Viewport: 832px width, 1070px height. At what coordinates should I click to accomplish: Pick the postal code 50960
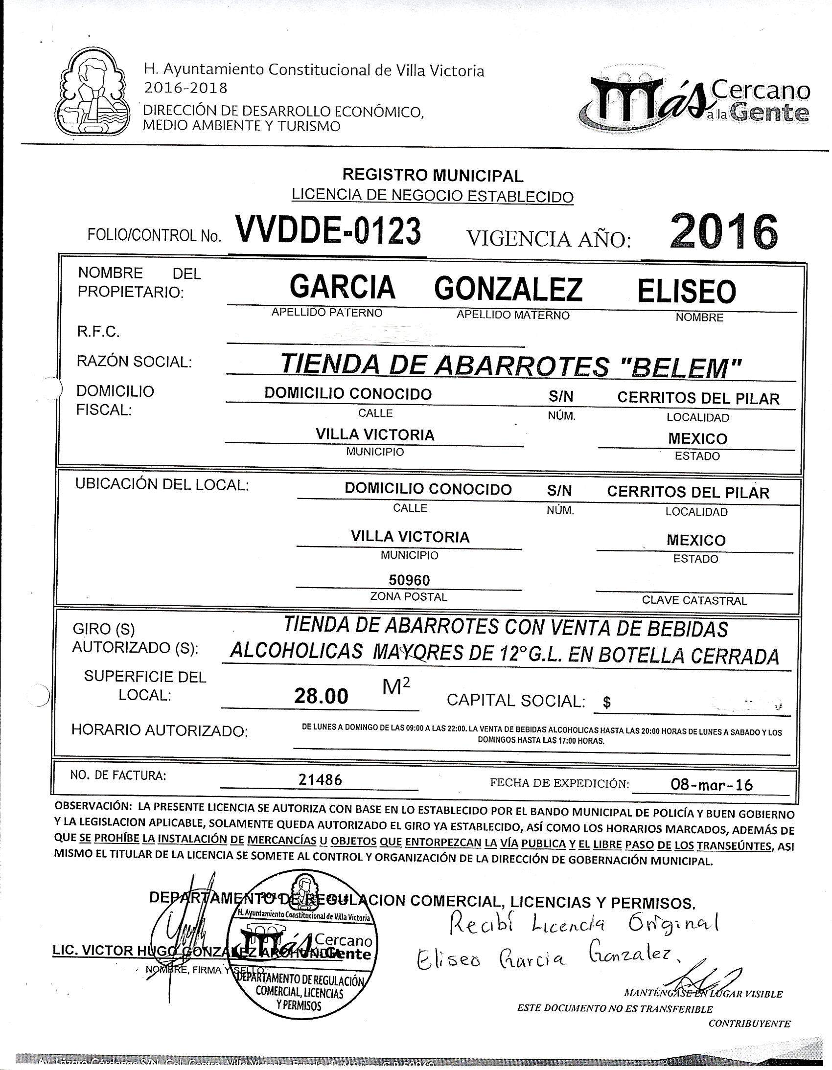tap(409, 580)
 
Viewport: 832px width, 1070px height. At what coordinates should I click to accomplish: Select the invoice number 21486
tap(320, 779)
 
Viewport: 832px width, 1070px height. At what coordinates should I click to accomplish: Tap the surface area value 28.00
tap(322, 696)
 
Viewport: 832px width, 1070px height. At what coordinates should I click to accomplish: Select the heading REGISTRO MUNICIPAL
tap(433, 174)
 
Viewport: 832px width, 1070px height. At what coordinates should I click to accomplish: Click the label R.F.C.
tap(98, 332)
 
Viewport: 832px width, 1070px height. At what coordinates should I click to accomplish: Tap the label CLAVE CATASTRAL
tap(694, 600)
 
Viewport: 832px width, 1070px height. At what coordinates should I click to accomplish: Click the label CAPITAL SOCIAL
tap(516, 701)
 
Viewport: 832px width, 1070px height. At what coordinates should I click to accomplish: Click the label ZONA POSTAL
tap(409, 597)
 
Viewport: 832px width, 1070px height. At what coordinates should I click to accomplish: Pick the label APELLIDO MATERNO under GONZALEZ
tap(513, 316)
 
